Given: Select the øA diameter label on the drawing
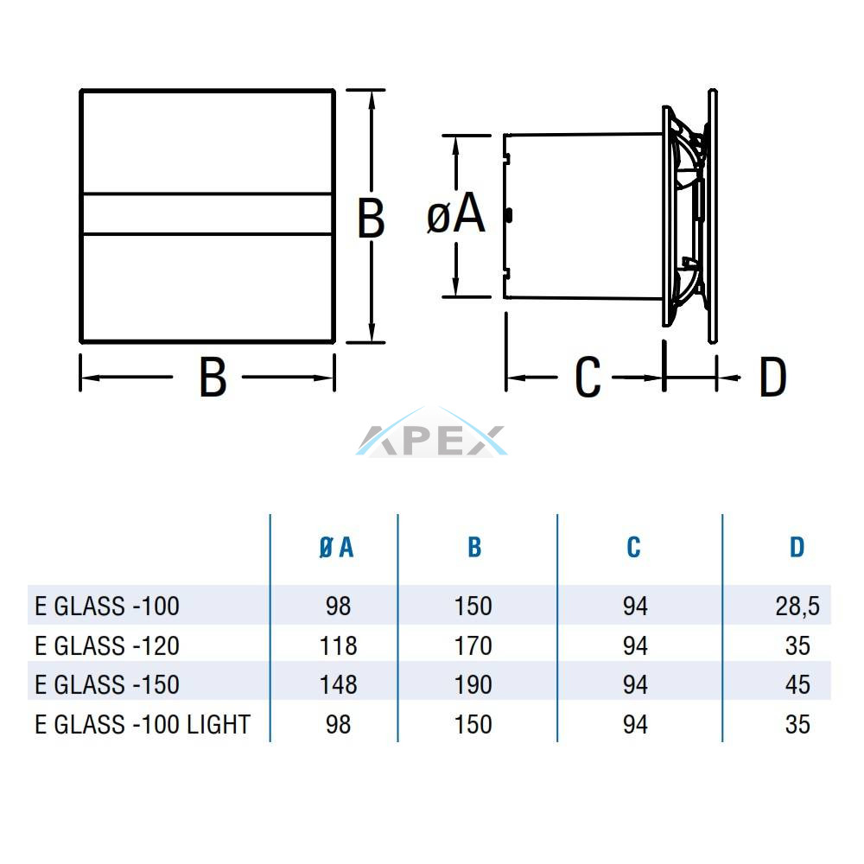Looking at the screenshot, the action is (455, 214).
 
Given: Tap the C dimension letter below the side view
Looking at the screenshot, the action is (588, 378).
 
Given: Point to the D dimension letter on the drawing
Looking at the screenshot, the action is (772, 378).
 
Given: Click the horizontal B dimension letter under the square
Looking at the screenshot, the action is (213, 378).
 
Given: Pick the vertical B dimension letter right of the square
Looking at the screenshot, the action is (371, 219).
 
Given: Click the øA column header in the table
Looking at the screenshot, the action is (336, 548).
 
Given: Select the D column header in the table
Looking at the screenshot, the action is (797, 547).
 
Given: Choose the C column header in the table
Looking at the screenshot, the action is (633, 547).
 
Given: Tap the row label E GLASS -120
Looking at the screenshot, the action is (107, 645).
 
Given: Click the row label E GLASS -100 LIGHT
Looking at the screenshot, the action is (143, 725).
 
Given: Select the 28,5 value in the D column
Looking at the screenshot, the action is (797, 607).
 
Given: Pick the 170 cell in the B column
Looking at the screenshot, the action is (473, 645).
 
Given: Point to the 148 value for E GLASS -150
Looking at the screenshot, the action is (339, 685).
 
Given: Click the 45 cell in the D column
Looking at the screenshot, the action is (797, 685).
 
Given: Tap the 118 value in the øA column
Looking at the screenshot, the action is (339, 645).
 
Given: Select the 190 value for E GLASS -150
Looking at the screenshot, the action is (473, 685).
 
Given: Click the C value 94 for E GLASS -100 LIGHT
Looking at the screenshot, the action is (635, 725).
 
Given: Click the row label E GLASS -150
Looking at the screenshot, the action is (107, 685).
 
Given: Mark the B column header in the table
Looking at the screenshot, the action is (474, 547).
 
